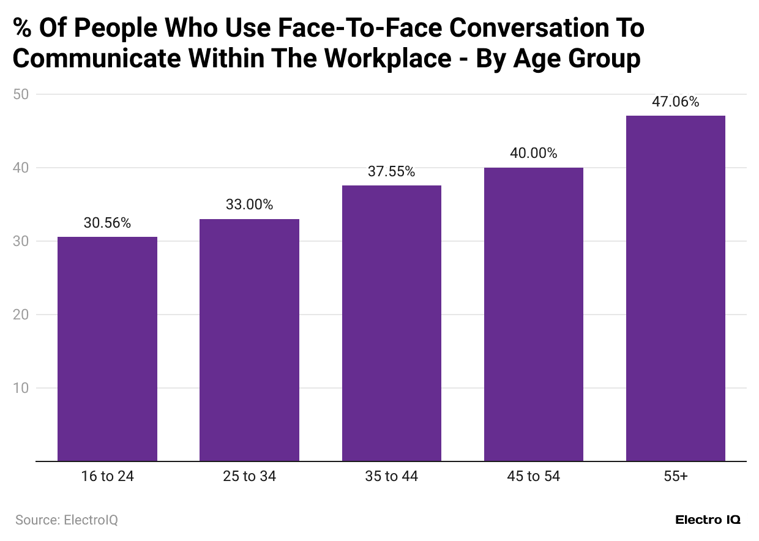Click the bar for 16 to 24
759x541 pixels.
tap(107, 349)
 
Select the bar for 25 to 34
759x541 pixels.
tap(249, 340)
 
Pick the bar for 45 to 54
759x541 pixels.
tap(534, 315)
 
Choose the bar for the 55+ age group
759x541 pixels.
tap(676, 288)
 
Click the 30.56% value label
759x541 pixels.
tap(107, 223)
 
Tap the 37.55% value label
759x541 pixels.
tap(392, 172)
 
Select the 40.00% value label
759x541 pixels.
tap(534, 154)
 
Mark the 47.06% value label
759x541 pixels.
tap(676, 102)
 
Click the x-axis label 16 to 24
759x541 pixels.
tap(107, 476)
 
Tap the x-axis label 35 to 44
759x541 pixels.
tap(392, 476)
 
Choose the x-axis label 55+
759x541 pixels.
tap(676, 476)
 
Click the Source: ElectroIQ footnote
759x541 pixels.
tap(67, 520)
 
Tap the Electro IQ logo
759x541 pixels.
tap(708, 520)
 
